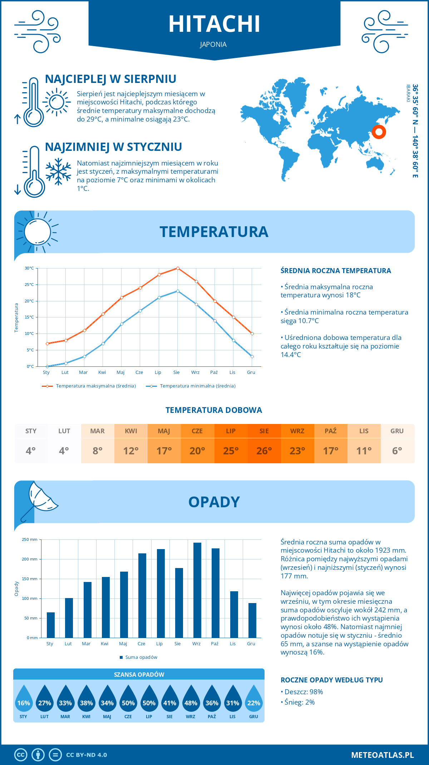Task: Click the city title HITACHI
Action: tap(214, 24)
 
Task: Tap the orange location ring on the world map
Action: tap(379, 132)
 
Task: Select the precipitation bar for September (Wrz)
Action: tap(197, 590)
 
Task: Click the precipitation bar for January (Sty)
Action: tap(51, 625)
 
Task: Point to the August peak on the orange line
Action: tap(178, 268)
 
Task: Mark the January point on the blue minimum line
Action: tap(47, 366)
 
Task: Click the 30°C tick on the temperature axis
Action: tap(29, 268)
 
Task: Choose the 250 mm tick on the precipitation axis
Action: tap(30, 539)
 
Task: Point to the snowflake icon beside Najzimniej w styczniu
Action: tap(58, 172)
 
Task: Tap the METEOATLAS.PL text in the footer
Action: tap(382, 755)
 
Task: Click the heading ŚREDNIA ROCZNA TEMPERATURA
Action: tap(336, 271)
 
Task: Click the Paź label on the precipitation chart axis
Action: tap(214, 644)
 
